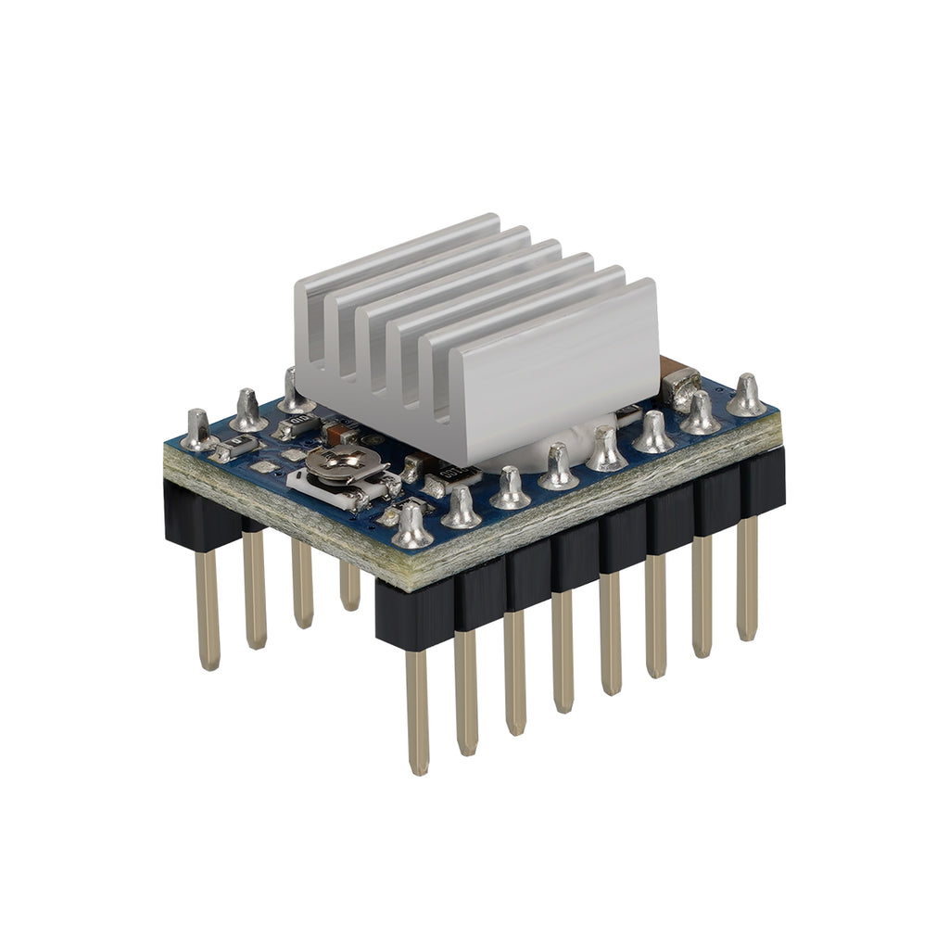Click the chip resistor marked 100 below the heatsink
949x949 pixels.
tap(460, 474)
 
